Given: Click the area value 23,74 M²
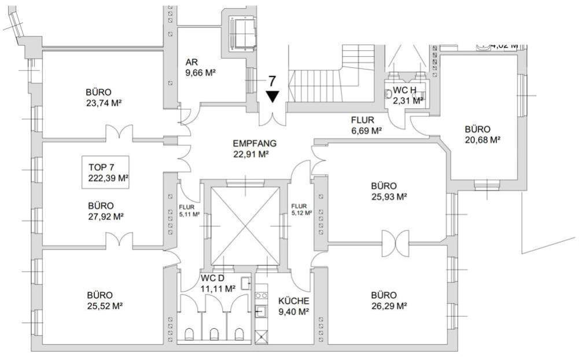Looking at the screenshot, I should [x=106, y=103].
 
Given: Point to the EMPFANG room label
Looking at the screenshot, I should [x=255, y=144].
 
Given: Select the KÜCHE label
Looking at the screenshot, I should [x=294, y=301].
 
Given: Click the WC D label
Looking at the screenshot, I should [x=213, y=278].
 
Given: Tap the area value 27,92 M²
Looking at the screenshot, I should [x=106, y=216].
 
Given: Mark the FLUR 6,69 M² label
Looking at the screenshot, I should [x=366, y=126].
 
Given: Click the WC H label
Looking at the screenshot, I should [x=405, y=91].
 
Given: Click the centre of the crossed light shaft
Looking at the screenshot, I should [x=245, y=225].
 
